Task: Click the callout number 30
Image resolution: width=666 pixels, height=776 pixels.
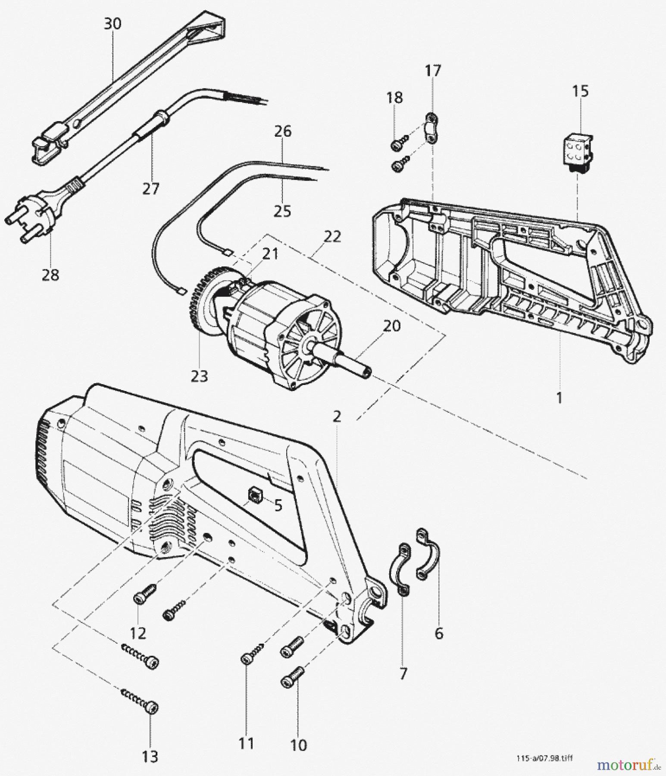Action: coord(112,24)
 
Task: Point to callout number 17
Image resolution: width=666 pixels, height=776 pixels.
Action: coord(433,70)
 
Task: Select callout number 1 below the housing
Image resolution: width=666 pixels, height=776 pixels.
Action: coord(559,397)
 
